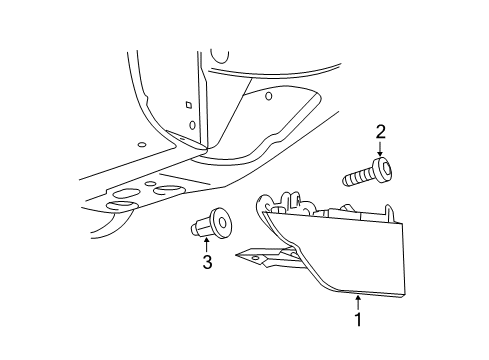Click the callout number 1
pyautogui.click(x=358, y=319)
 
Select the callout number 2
pyautogui.click(x=380, y=132)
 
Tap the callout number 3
pyautogui.click(x=207, y=262)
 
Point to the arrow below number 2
pyautogui.click(x=380, y=149)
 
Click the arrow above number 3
pyautogui.click(x=207, y=245)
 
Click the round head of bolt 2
pyautogui.click(x=384, y=169)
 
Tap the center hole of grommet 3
pyautogui.click(x=223, y=222)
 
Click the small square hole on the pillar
pyautogui.click(x=189, y=105)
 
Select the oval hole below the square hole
pyautogui.click(x=192, y=125)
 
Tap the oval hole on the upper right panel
pyautogui.click(x=269, y=96)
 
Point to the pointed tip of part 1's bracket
pyautogui.click(x=236, y=255)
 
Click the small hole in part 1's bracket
pyautogui.click(x=255, y=258)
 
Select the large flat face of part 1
pyautogui.click(x=347, y=253)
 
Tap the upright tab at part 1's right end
pyautogui.click(x=389, y=212)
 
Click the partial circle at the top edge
pyautogui.click(x=220, y=57)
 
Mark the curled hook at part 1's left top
pyautogui.click(x=263, y=204)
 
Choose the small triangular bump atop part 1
pyautogui.click(x=348, y=207)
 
